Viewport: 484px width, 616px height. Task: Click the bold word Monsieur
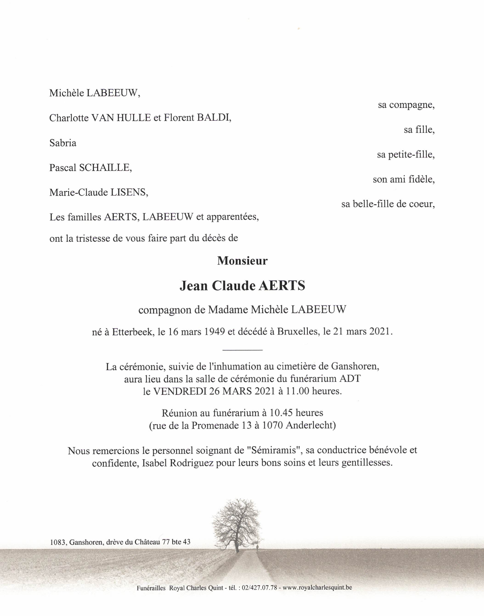(242, 261)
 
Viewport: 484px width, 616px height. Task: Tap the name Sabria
(62, 143)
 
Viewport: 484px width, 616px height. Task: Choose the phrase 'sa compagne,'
(406, 105)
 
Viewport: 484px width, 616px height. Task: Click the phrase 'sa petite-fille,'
(406, 155)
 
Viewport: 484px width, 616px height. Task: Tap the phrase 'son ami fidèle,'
(404, 179)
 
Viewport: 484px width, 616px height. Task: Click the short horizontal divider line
(242, 350)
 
